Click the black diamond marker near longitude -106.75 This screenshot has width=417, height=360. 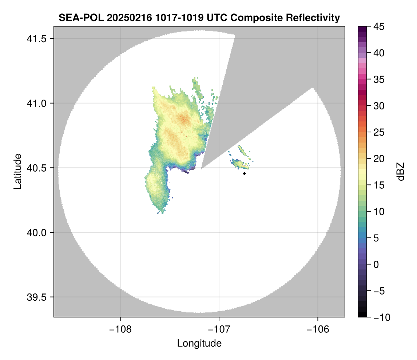coord(244,173)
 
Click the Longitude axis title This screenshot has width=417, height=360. coord(199,343)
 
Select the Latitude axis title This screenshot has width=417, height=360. coord(17,171)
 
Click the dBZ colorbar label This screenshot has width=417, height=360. coord(401,171)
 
